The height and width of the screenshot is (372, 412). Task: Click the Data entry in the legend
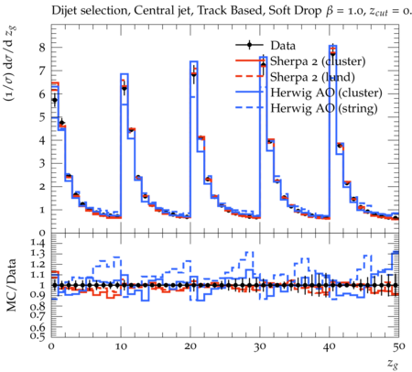pos(283,46)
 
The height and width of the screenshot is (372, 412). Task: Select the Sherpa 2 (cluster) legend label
pos(318,61)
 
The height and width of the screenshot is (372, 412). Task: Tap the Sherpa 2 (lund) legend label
pos(312,77)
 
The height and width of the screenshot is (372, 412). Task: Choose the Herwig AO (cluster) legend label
pos(326,93)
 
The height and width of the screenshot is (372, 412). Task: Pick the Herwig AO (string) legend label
pos(324,108)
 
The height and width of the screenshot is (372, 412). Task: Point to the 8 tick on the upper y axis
pos(42,48)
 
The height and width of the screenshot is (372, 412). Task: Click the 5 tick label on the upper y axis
pos(42,117)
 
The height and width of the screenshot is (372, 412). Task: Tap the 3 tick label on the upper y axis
pos(42,163)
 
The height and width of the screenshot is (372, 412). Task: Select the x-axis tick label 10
pos(121,346)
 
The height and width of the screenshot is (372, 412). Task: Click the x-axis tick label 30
pos(260,346)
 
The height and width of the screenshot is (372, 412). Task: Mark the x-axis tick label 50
pos(398,346)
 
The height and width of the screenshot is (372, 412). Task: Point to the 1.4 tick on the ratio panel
pos(38,243)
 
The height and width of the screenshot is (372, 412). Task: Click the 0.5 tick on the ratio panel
pos(38,336)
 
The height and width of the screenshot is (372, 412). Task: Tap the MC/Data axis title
pos(11,285)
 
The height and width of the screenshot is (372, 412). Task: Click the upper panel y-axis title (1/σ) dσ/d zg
pos(11,64)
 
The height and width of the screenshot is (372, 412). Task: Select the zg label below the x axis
pos(393,364)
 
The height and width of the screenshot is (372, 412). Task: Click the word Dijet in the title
pos(64,11)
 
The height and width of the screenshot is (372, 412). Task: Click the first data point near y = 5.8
pos(55,100)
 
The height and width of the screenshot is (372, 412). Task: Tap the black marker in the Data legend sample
pos(249,45)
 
